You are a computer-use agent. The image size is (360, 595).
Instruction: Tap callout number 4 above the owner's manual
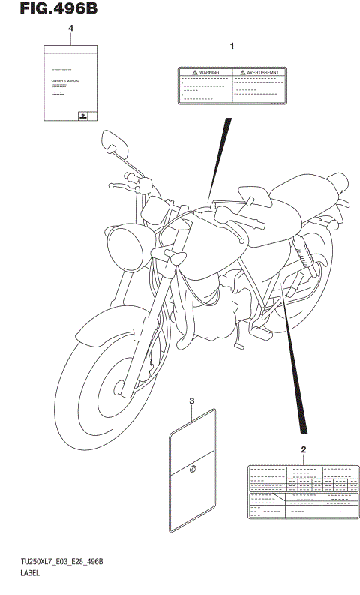tap(71, 29)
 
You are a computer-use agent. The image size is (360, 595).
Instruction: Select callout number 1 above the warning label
tap(231, 47)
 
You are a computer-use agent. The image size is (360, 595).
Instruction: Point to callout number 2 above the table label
tap(303, 449)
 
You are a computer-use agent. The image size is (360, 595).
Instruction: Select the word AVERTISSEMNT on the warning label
tap(263, 73)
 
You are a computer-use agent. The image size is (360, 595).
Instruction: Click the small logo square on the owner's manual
tap(81, 116)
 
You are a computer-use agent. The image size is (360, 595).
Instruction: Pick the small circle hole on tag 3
tap(192, 470)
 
